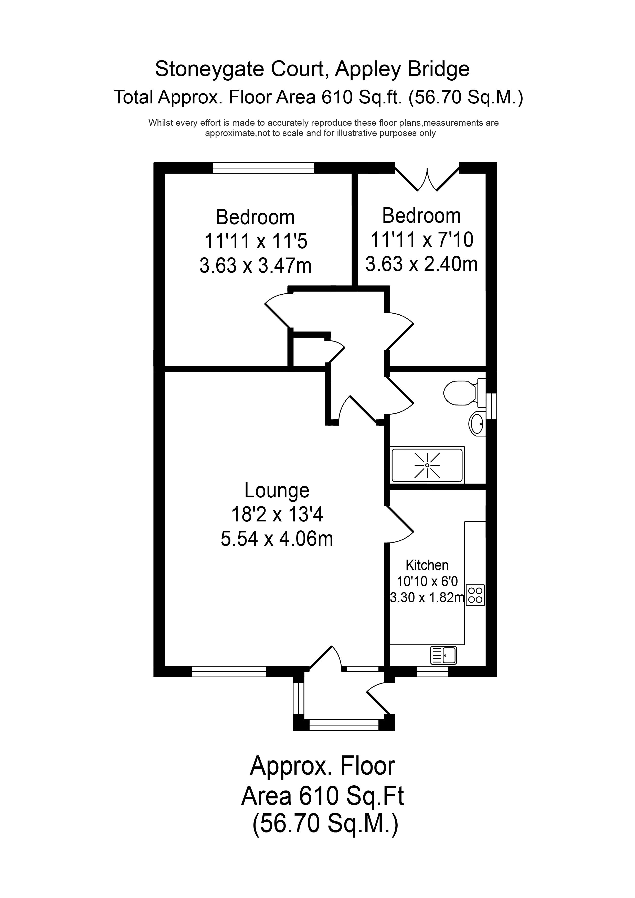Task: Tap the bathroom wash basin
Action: (x=477, y=423)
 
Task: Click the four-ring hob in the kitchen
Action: (x=475, y=595)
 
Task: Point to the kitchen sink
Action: (x=444, y=655)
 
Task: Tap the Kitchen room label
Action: (x=427, y=565)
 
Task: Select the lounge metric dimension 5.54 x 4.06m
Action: (x=277, y=539)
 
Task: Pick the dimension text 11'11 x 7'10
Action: (x=422, y=240)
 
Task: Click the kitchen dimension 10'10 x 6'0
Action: (x=427, y=582)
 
